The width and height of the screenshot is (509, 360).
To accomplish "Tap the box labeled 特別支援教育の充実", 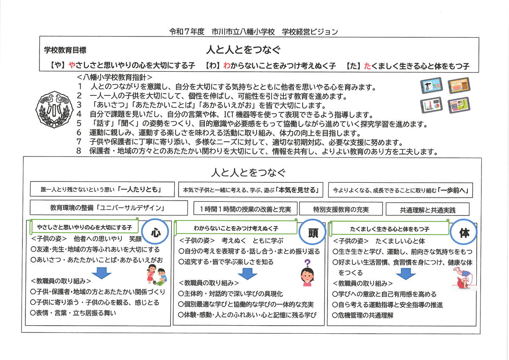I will tap(341, 209).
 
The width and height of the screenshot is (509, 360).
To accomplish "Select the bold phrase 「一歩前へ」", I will tap(454, 190).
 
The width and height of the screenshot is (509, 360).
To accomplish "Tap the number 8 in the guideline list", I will tap(79, 151).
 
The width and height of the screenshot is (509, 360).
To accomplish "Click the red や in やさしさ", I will tap(72, 66).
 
